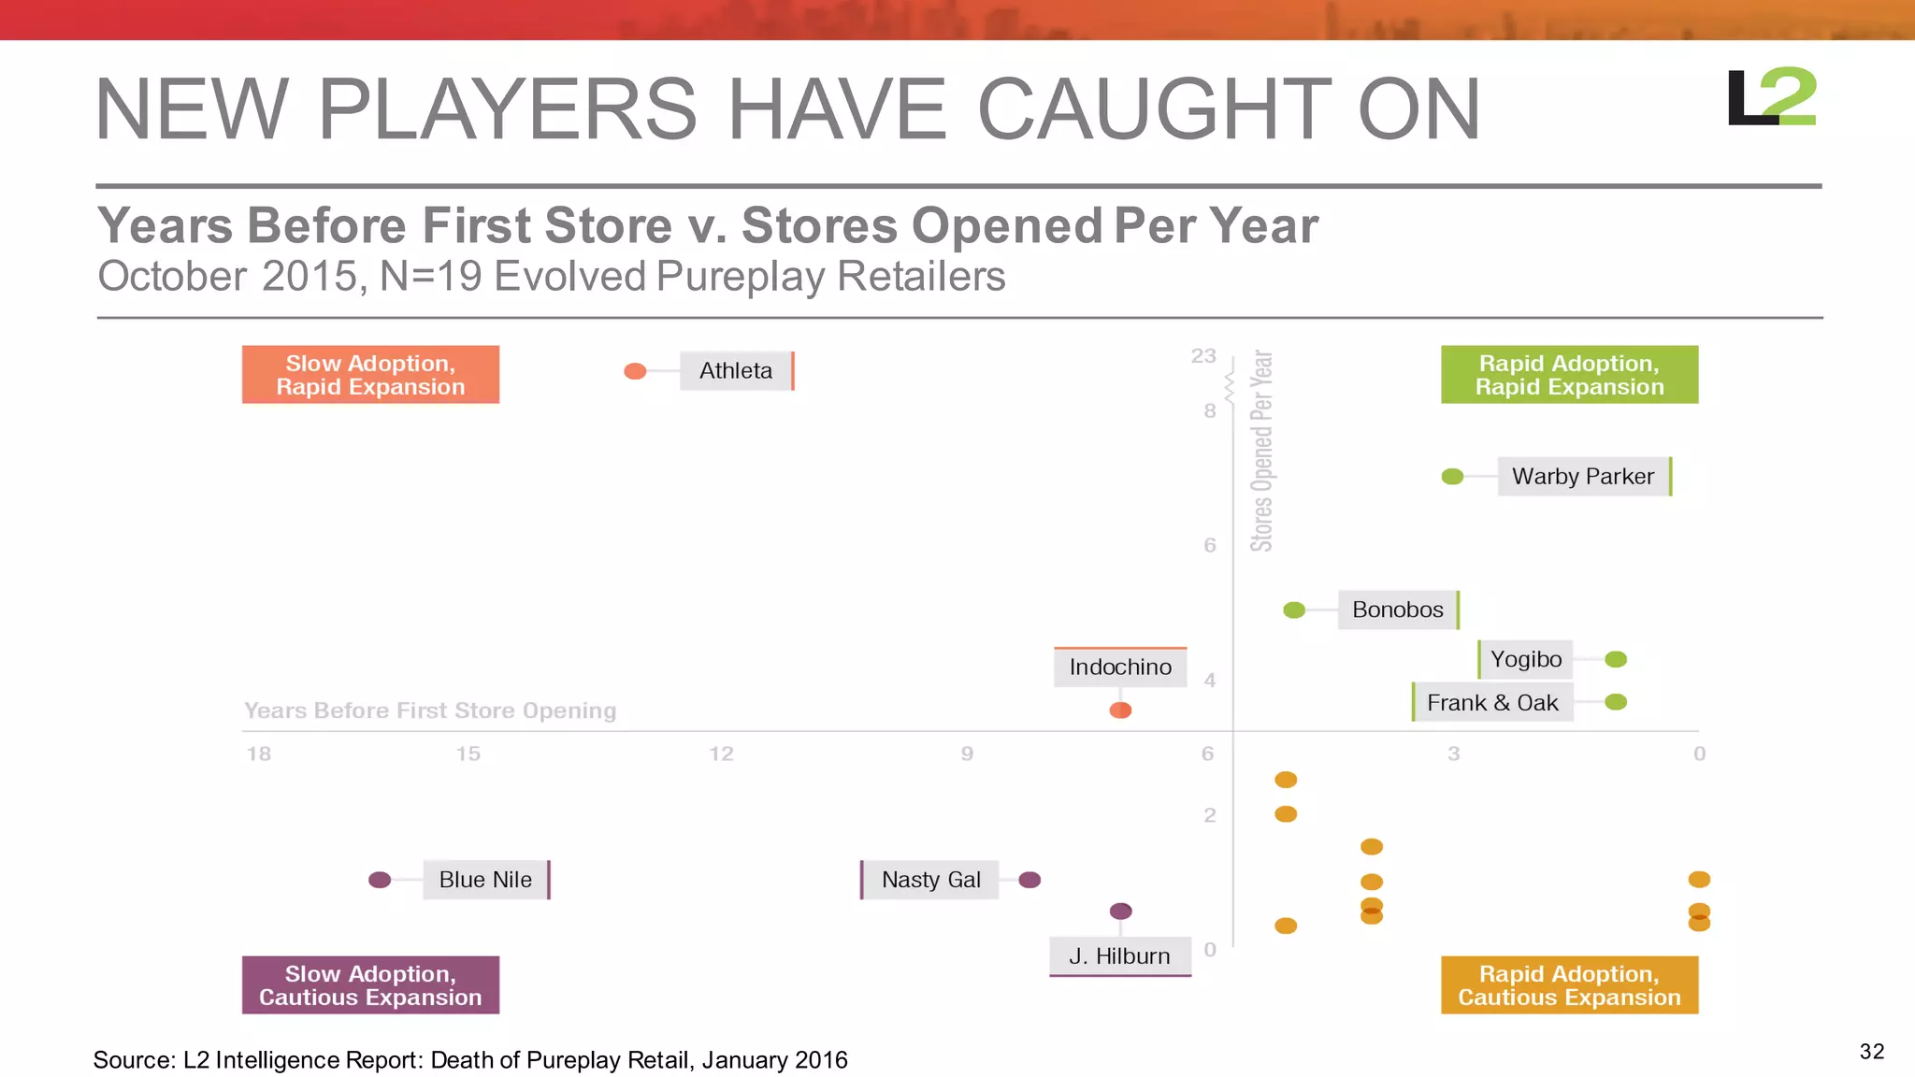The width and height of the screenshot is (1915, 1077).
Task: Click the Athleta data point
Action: pyautogui.click(x=635, y=371)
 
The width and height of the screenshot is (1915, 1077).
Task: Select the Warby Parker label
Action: pyautogui.click(x=1583, y=477)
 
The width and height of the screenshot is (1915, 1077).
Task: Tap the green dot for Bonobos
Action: pyautogui.click(x=1294, y=610)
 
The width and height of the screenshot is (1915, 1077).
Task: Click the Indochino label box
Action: pyautogui.click(x=1120, y=668)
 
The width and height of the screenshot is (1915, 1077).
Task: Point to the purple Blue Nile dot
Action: pyautogui.click(x=380, y=880)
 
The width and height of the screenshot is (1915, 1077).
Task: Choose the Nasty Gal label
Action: pyautogui.click(x=930, y=880)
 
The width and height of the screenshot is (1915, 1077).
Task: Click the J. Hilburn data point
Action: pyautogui.click(x=1120, y=911)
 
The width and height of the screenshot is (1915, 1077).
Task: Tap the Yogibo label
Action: pyautogui.click(x=1526, y=660)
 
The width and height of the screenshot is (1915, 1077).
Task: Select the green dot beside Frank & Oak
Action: pyautogui.click(x=1615, y=702)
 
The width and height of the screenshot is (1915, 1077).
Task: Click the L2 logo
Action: pyautogui.click(x=1771, y=97)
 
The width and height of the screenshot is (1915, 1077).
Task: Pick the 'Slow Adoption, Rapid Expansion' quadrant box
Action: pyautogui.click(x=370, y=375)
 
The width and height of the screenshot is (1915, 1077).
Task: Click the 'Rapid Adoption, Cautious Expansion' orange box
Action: pyautogui.click(x=1569, y=985)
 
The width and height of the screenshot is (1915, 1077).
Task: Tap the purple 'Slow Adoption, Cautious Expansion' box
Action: pyautogui.click(x=370, y=985)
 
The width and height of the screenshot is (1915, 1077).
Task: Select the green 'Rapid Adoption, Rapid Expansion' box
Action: pyautogui.click(x=1569, y=375)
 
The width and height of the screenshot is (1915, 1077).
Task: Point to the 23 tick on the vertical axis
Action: pyautogui.click(x=1203, y=356)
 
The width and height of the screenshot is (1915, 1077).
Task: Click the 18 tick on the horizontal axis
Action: pyautogui.click(x=259, y=754)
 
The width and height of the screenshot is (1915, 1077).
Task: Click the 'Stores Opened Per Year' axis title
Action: pyautogui.click(x=1261, y=451)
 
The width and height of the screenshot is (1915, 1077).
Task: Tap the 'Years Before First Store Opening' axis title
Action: pyautogui.click(x=430, y=711)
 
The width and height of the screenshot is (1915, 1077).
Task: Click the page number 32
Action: pyautogui.click(x=1871, y=1052)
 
